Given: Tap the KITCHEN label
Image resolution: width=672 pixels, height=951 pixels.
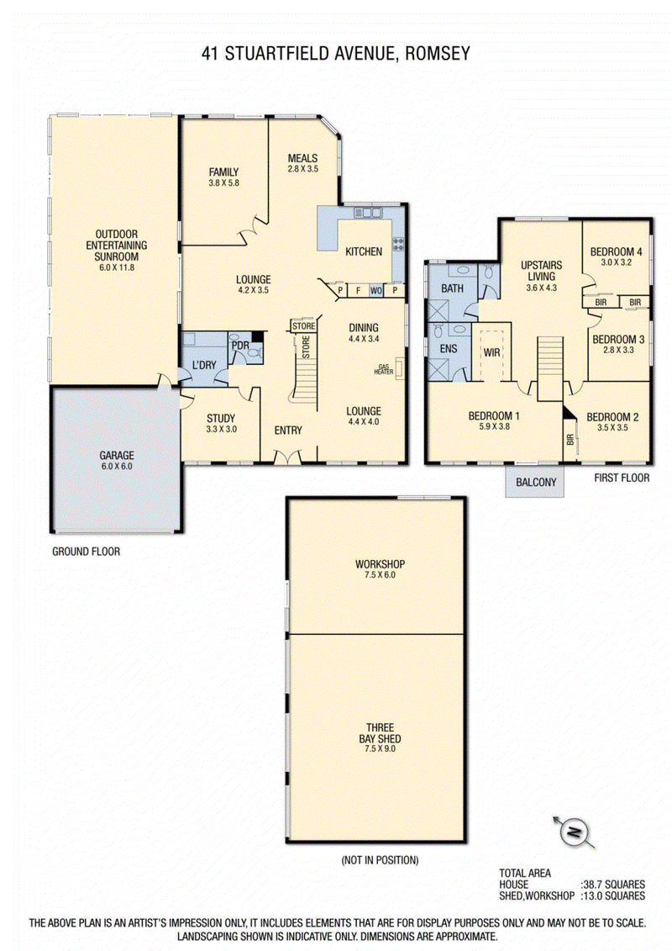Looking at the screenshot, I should [x=364, y=251].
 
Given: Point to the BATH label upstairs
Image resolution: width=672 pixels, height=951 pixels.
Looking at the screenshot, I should [x=451, y=288].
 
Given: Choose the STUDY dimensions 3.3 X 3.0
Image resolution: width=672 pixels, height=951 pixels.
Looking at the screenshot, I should [x=221, y=429].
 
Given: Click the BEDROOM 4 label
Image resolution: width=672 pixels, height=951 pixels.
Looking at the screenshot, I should [x=616, y=251].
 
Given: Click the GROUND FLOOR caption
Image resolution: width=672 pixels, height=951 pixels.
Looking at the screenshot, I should [x=86, y=552].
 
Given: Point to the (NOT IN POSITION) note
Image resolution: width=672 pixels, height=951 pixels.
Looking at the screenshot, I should [x=380, y=860].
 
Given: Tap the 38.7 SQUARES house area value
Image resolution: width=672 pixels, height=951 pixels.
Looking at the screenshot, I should [x=614, y=885].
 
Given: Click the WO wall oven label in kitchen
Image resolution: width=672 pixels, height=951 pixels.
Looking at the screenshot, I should [x=375, y=291].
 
